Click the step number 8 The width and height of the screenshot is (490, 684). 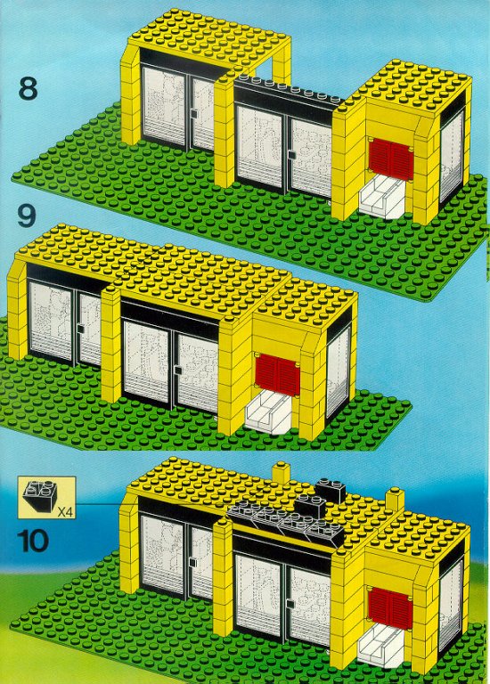coord(28,89)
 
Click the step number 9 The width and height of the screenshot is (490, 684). coord(26,216)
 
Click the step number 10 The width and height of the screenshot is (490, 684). coord(33,541)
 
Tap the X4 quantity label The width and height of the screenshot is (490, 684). coord(64,512)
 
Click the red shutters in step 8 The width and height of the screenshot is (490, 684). coord(390,159)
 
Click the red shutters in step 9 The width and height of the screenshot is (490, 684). coord(277,375)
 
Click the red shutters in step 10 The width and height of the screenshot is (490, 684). coord(389,608)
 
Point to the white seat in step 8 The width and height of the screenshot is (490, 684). coord(382,199)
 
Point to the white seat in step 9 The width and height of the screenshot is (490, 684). coord(269,414)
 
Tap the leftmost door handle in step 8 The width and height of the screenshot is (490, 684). coord(193,114)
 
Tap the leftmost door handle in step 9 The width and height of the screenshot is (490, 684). coord(80,329)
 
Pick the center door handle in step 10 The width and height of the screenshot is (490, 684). coord(290,604)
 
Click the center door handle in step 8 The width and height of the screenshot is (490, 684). coord(290,156)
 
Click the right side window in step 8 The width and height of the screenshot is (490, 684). coord(451,156)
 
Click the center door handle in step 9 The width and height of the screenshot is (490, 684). coord(177,370)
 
